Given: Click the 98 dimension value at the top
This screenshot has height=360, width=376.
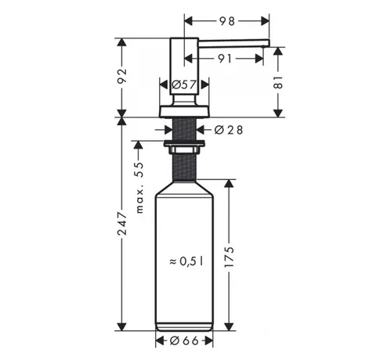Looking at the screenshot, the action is pyautogui.click(x=227, y=21).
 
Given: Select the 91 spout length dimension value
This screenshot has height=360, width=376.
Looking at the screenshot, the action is pyautogui.click(x=225, y=59).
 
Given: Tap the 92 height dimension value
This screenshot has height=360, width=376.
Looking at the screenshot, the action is pyautogui.click(x=122, y=76).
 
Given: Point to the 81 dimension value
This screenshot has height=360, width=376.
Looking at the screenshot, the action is pyautogui.click(x=279, y=83).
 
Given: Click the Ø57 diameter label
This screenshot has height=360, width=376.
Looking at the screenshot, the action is pyautogui.click(x=184, y=85).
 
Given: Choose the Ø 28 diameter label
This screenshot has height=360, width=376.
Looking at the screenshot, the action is pyautogui.click(x=229, y=130).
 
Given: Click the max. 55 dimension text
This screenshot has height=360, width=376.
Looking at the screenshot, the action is pyautogui.click(x=140, y=188).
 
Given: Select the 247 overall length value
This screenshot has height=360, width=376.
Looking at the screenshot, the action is pyautogui.click(x=122, y=224).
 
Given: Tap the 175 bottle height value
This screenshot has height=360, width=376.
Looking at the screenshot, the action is pyautogui.click(x=229, y=257).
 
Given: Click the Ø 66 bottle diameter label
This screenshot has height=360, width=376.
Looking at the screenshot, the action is pyautogui.click(x=184, y=340).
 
